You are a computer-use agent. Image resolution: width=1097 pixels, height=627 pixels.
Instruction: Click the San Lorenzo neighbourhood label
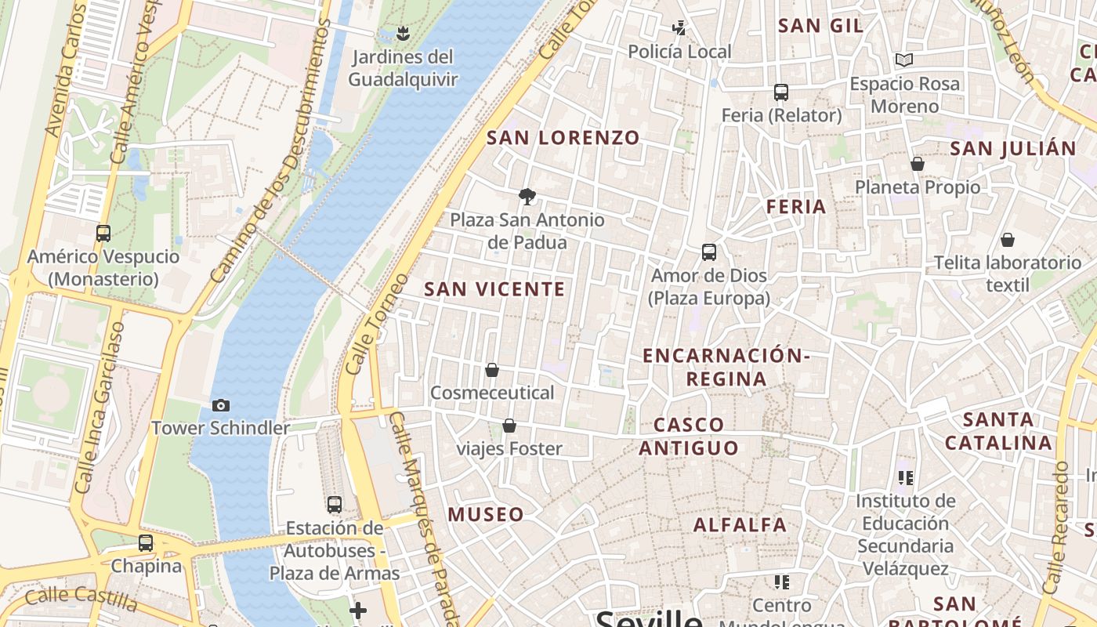coord(563,138)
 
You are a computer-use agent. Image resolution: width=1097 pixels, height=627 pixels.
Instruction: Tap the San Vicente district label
coord(494,289)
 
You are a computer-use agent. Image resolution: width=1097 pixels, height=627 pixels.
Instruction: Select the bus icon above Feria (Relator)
coord(780,92)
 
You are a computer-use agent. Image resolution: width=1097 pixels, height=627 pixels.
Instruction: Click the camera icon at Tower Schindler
coord(221,405)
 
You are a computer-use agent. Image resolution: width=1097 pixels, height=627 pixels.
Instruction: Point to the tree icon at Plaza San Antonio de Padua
coord(527,197)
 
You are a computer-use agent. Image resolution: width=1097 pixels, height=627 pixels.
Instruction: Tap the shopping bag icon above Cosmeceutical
coord(492,370)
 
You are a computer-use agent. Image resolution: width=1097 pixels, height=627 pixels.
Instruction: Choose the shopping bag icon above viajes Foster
coord(509,426)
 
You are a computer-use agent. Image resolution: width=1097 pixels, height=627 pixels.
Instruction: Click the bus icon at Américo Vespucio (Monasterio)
coord(103,233)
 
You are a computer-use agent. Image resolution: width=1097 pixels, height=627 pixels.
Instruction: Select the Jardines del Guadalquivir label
coord(403,68)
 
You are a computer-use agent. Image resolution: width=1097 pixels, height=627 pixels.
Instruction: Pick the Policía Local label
coord(679,52)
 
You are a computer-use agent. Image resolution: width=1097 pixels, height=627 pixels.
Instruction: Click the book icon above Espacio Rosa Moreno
coord(904,60)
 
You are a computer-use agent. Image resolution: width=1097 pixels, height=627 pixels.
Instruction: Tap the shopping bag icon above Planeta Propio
coord(917,164)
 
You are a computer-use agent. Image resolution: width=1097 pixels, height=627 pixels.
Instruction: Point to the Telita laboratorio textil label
coord(1007,274)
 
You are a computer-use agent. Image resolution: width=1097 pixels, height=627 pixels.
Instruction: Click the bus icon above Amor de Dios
coord(709,252)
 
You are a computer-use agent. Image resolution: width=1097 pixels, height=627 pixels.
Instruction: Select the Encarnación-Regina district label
coord(726,367)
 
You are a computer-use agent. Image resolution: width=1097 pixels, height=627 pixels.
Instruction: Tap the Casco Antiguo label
coord(689,437)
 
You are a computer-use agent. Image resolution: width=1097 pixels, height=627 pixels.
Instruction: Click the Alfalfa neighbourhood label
coord(740,525)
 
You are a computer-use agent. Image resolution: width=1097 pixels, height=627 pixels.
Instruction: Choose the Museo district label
coord(486,515)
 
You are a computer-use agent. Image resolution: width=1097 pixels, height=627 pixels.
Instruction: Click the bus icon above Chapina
coord(146,542)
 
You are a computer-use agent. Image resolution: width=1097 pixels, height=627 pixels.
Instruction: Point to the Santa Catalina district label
coord(998,431)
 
